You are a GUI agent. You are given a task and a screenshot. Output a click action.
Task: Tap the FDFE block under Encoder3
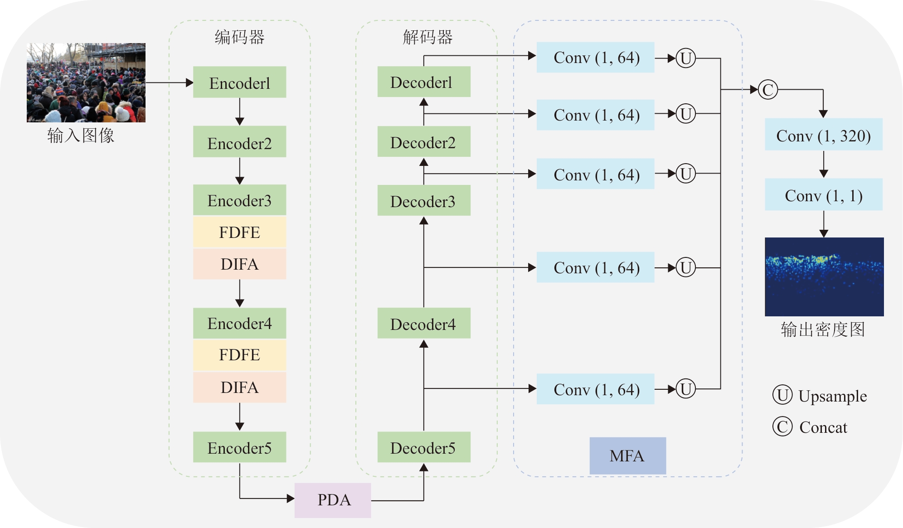pos(239,232)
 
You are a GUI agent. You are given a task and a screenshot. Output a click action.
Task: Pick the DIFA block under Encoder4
pos(239,388)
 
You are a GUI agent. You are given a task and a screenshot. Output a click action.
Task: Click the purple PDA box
pos(333,500)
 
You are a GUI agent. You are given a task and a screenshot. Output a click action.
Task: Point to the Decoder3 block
pos(423,201)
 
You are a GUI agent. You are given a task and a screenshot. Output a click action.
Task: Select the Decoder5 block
pos(423,447)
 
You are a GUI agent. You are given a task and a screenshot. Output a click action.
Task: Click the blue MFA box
pos(627,455)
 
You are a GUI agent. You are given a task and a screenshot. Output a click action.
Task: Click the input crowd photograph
pos(86,82)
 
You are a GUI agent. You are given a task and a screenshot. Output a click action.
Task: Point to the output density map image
pos(824,276)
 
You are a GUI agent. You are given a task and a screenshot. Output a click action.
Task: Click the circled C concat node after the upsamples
pos(768,90)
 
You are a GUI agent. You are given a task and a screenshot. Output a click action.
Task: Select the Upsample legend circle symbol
pos(782,395)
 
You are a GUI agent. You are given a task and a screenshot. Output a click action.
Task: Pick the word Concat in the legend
pos(823,427)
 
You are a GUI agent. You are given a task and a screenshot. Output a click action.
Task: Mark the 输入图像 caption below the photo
pos(81,135)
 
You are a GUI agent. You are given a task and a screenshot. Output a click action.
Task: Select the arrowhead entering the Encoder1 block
pos(190,83)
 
